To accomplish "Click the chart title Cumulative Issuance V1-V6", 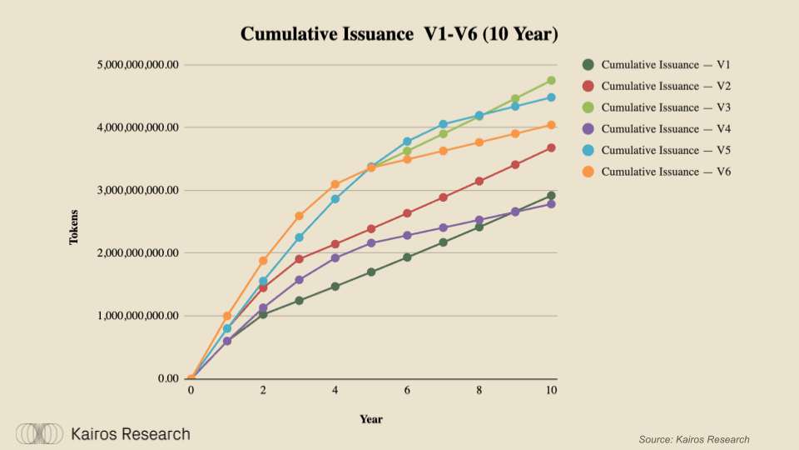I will pyautogui.click(x=399, y=34).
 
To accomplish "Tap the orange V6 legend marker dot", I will pyautogui.click(x=588, y=172).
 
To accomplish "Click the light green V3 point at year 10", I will pyautogui.click(x=551, y=81).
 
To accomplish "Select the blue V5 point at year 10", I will pyautogui.click(x=551, y=97).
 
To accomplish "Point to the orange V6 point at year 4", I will pyautogui.click(x=335, y=184).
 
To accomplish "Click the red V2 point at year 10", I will pyautogui.click(x=551, y=148).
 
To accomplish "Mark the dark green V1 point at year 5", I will pyautogui.click(x=371, y=272).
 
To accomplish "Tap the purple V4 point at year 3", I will pyautogui.click(x=299, y=280).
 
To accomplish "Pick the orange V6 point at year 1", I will pyautogui.click(x=227, y=317).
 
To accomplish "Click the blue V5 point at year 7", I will pyautogui.click(x=443, y=124).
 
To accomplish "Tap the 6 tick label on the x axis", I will pyautogui.click(x=407, y=391).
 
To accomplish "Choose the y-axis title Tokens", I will pyautogui.click(x=74, y=227).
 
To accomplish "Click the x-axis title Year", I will pyautogui.click(x=371, y=419).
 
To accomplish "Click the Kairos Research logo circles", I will pyautogui.click(x=39, y=433).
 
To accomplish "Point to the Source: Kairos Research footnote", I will pyautogui.click(x=694, y=439).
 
